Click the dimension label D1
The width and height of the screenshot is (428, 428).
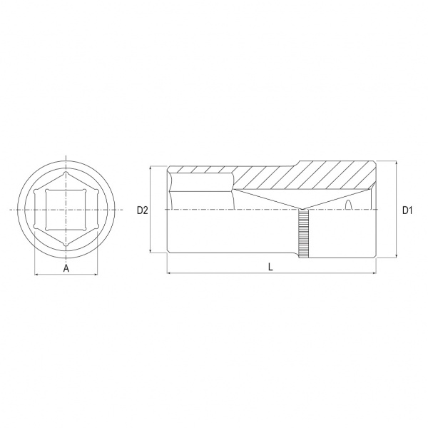click(407, 210)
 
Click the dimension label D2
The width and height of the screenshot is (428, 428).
click(142, 210)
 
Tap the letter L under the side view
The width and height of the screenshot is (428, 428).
click(270, 267)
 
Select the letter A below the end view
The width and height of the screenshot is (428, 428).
click(66, 269)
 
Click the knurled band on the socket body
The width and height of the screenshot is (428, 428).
click(304, 234)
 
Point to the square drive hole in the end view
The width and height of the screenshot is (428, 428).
click(66, 210)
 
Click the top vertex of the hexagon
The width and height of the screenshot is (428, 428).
click(66, 173)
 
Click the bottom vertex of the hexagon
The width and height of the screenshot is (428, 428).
click(66, 246)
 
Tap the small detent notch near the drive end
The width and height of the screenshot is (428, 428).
click(348, 205)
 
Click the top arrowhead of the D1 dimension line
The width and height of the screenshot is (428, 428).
click(397, 163)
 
